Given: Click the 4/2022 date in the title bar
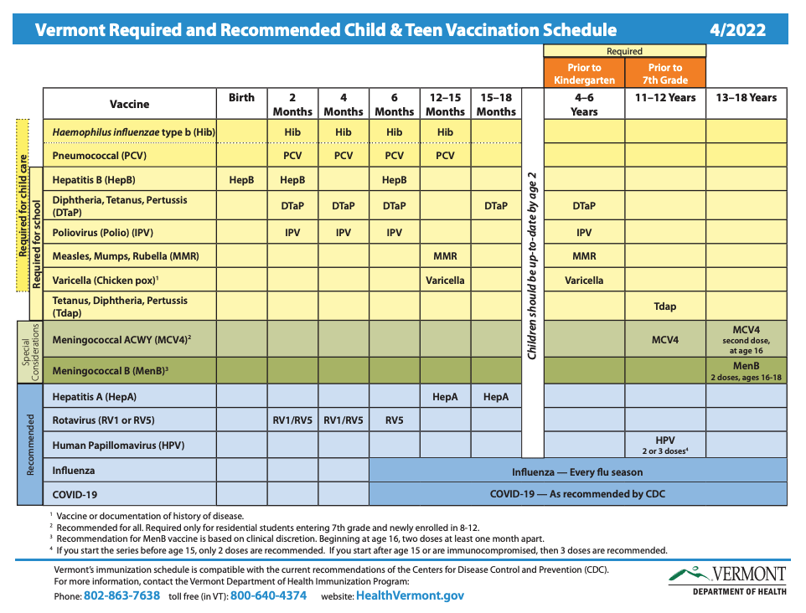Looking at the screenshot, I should (737, 30).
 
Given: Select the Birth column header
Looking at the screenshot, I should (241, 98).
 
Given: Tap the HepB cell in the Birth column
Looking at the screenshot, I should (241, 180).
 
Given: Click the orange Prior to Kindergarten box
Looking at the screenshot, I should (584, 74).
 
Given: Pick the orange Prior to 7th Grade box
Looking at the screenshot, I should (664, 74).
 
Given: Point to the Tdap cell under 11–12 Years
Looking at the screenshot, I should (664, 306).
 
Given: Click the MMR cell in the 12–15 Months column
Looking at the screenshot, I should (445, 256).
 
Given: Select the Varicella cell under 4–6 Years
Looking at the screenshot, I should (584, 280).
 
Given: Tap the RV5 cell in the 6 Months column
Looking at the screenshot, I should (394, 420).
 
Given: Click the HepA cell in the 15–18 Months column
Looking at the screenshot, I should (496, 397).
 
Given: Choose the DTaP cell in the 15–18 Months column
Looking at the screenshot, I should (496, 206).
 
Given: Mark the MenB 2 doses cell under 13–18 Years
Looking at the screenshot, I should (746, 371).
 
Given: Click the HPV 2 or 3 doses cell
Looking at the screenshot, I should (664, 445).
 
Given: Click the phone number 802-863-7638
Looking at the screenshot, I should (121, 596).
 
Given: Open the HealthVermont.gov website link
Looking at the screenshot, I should (410, 596).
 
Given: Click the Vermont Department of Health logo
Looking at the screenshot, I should (727, 580).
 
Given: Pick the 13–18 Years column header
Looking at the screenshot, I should (746, 98).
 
